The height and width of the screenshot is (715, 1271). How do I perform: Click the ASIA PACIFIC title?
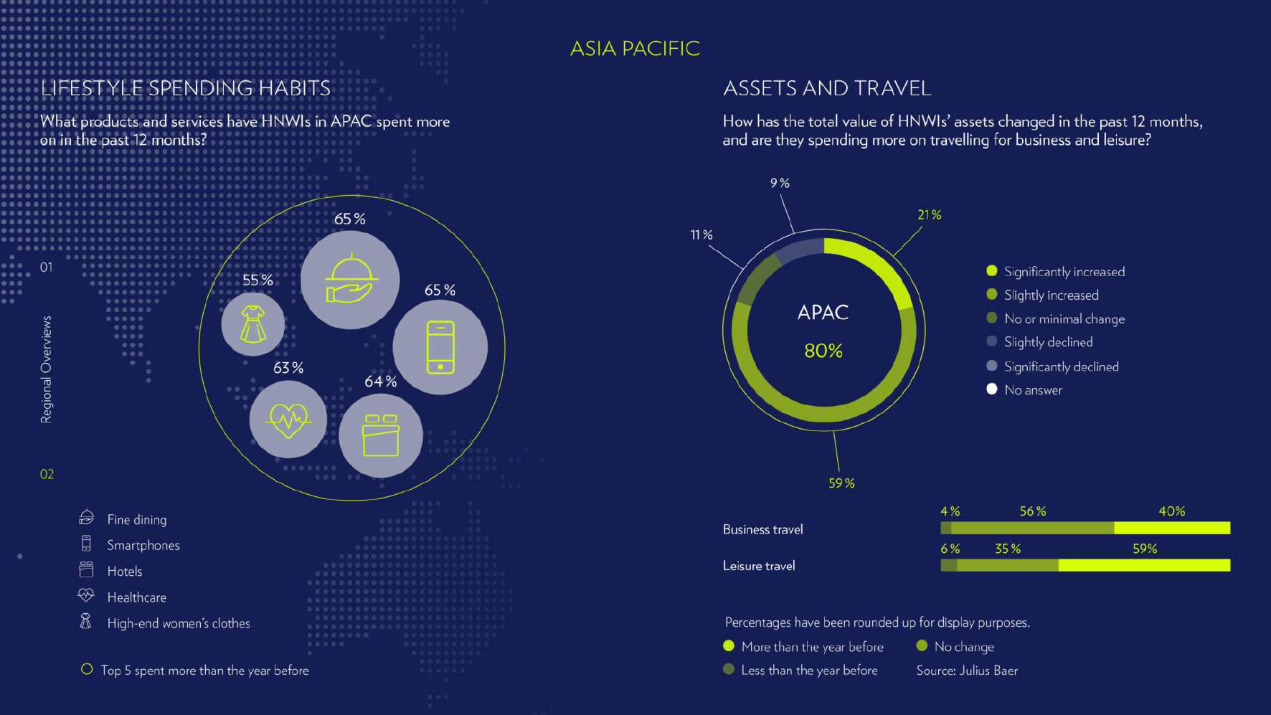635,48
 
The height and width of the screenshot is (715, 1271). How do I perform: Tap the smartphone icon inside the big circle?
440,347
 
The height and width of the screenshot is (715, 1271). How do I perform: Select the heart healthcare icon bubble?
288,420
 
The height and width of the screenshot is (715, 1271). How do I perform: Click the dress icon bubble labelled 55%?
252,323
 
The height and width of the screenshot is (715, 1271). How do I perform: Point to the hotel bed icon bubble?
380,435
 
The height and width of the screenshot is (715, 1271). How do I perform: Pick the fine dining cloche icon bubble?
350,280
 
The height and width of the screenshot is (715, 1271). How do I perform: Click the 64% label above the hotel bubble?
380,382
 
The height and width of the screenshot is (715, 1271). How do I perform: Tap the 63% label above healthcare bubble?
288,368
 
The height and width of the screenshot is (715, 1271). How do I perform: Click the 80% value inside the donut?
823,351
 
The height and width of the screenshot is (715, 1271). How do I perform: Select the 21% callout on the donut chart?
930,214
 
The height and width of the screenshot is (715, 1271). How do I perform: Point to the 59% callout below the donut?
841,483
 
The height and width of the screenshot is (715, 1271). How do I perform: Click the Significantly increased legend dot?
992,271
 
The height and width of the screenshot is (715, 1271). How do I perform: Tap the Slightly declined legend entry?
1039,342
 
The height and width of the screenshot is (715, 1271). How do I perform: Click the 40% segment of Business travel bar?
1172,529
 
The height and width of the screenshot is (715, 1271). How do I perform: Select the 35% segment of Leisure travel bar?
1007,565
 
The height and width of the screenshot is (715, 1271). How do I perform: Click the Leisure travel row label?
759,566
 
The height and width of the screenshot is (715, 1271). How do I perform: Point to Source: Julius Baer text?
967,671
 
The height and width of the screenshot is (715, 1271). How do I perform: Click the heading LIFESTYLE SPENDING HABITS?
185,88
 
